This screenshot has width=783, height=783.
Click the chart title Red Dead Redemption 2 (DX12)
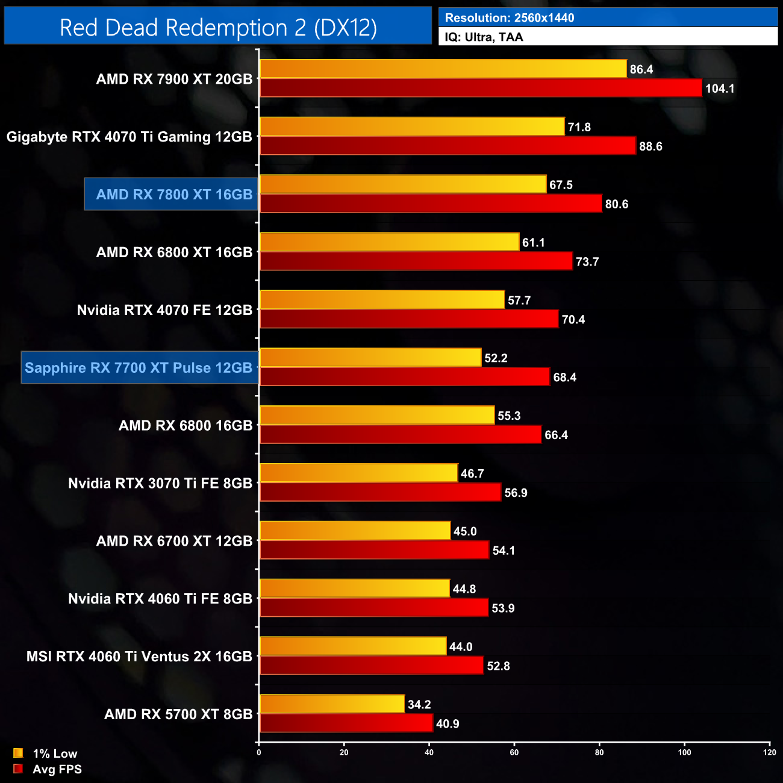(x=218, y=28)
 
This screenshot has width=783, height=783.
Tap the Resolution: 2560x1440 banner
(x=608, y=17)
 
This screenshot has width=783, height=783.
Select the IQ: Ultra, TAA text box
(x=608, y=37)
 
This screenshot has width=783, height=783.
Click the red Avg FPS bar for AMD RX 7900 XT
(x=481, y=88)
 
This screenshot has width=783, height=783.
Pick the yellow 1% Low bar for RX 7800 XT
(x=402, y=184)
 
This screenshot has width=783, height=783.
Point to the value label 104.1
(x=720, y=89)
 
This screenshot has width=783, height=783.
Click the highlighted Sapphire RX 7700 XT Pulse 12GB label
(x=139, y=367)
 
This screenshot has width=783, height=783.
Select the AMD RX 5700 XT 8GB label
(x=178, y=714)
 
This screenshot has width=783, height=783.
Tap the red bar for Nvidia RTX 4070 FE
(x=408, y=319)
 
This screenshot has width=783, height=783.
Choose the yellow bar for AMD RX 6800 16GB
(x=376, y=415)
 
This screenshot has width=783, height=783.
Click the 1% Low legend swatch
(x=18, y=753)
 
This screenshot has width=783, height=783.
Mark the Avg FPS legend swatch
(x=18, y=769)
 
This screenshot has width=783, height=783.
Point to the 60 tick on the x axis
(x=514, y=752)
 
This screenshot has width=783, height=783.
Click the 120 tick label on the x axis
(x=769, y=752)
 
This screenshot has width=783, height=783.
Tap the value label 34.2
(x=419, y=704)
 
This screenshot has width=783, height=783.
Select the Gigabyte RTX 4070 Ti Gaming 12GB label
(x=129, y=137)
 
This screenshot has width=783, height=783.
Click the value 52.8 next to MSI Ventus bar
(x=498, y=666)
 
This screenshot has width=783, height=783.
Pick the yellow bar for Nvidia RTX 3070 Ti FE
(x=358, y=473)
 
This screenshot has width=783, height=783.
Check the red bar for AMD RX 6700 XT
(x=373, y=550)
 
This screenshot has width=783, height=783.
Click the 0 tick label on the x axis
(x=259, y=752)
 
